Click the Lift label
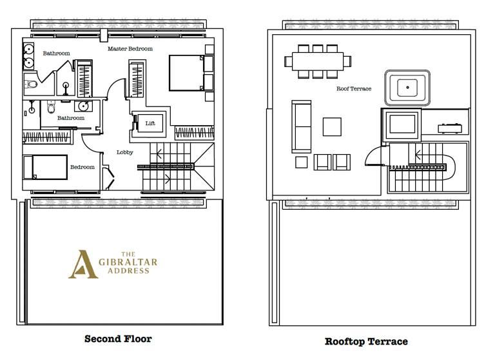click(x=150, y=123)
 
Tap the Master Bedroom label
click(x=130, y=48)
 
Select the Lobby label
click(x=125, y=152)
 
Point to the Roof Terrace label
click(x=354, y=89)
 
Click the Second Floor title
click(x=118, y=339)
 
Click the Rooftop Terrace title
click(x=366, y=342)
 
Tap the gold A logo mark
click(x=82, y=265)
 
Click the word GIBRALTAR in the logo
click(x=128, y=263)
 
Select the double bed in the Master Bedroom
click(x=186, y=73)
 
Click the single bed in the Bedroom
click(x=45, y=167)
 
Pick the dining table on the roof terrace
click(x=318, y=61)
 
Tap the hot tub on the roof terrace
click(x=407, y=88)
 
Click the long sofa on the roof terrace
click(x=302, y=126)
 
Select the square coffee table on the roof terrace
click(x=332, y=126)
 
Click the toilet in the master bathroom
click(x=31, y=85)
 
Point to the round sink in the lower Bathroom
click(x=84, y=106)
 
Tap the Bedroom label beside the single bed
click(x=82, y=167)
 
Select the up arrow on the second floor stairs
click(x=159, y=154)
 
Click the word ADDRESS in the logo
click(x=128, y=271)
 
